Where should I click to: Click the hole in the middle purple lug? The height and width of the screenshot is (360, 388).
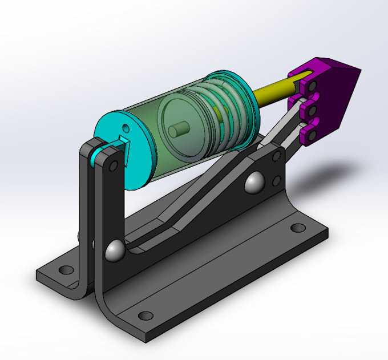click(312, 108)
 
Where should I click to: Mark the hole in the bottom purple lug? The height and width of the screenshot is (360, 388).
click(310, 134)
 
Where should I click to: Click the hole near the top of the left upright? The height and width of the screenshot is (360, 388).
click(114, 166)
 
